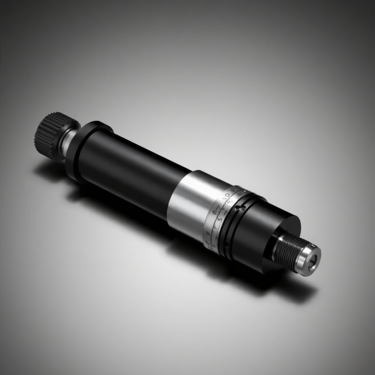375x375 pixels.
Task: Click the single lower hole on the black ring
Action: click(x=227, y=245)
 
